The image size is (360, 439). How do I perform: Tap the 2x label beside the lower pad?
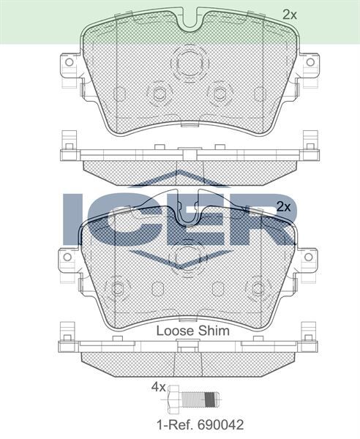click(x=284, y=207)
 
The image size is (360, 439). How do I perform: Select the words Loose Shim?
click(x=193, y=330)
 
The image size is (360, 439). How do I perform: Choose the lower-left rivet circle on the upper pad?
click(x=158, y=93)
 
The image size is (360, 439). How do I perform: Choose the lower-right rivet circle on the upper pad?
click(x=219, y=92)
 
